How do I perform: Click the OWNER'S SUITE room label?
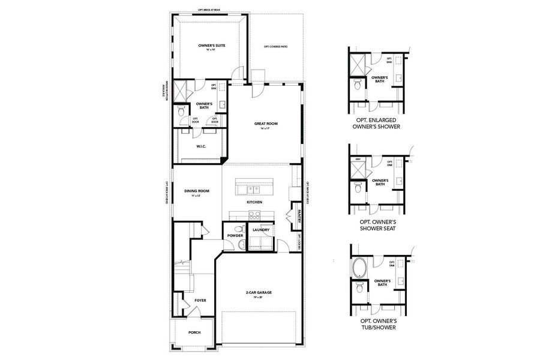pos(211,46)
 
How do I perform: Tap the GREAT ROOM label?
pos(266,124)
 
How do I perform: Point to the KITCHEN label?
pos(254,202)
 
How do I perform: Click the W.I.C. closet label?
pos(202,146)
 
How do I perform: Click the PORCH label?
pos(194,332)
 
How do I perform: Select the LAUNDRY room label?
pos(260,230)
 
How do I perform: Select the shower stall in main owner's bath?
pos(179,91)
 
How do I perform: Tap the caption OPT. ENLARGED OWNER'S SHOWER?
pos(377,124)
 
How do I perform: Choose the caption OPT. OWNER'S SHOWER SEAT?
pos(377,224)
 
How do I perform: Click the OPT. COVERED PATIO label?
pos(275,46)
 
